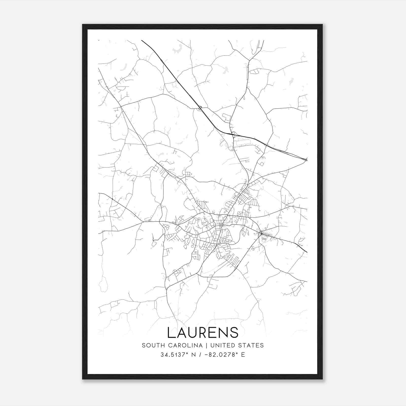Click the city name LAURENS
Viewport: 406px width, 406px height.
click(203, 332)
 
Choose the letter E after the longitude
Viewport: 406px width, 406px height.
click(243, 355)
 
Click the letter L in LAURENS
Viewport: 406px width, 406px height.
click(171, 332)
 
